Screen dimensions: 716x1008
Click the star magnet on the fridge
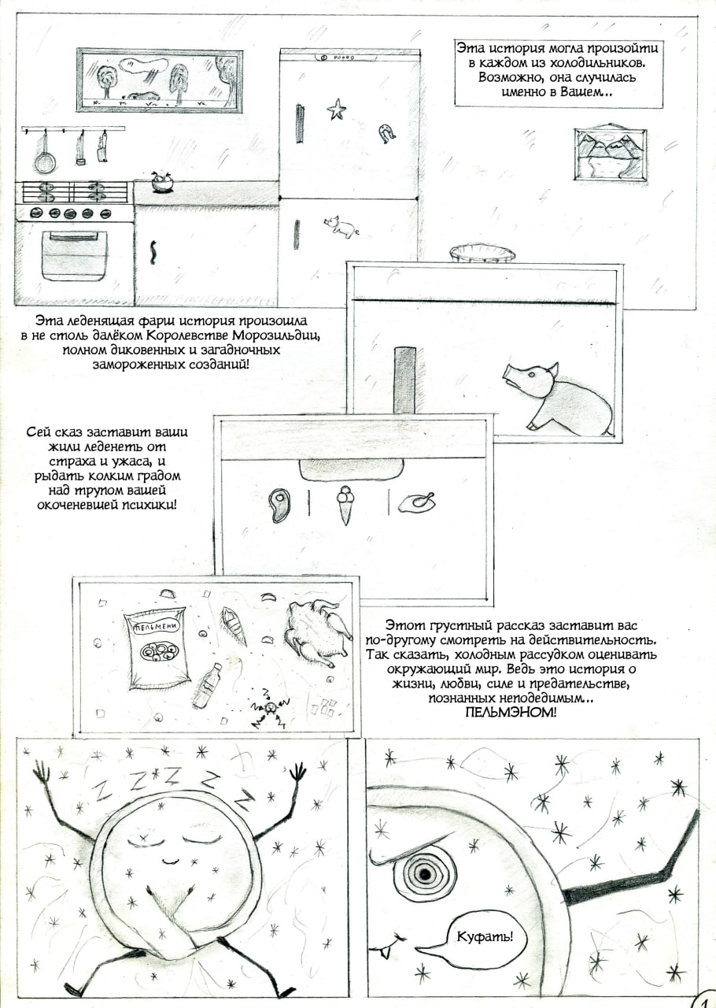point(336,109)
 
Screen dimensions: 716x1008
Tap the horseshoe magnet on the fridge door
point(386,132)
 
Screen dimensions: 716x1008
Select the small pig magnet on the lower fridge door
point(341,225)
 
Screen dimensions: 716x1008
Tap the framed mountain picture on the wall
point(610,154)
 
